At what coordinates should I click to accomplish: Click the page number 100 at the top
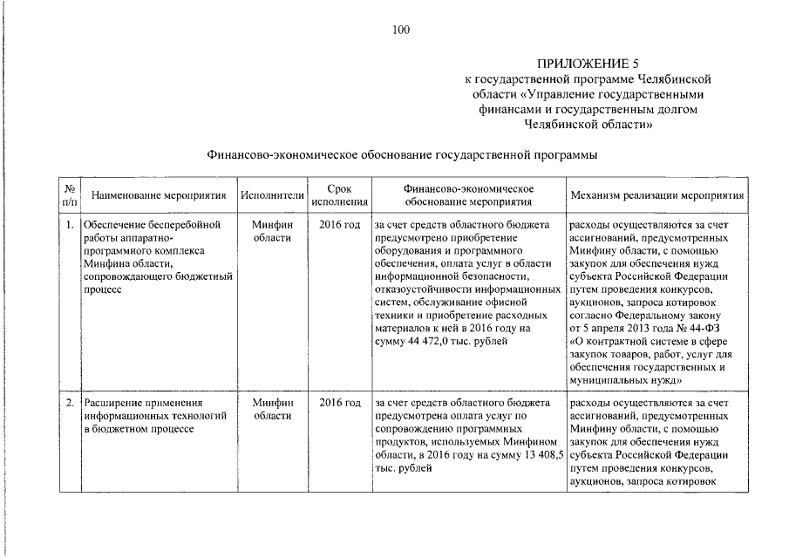coord(401,31)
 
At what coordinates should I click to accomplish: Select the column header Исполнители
coord(271,194)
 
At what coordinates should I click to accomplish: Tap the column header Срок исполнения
coord(339,194)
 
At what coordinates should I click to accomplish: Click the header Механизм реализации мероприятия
coord(656,194)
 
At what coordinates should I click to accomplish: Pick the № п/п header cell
coord(68,194)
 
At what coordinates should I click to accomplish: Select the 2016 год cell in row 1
coord(339,225)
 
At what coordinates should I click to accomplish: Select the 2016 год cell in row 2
coord(339,403)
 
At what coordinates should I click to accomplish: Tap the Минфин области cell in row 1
coord(271,231)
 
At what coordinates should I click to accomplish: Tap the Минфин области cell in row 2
coord(271,409)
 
